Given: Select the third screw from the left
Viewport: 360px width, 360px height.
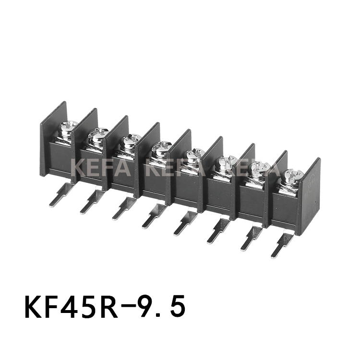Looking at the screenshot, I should (x=129, y=142).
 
